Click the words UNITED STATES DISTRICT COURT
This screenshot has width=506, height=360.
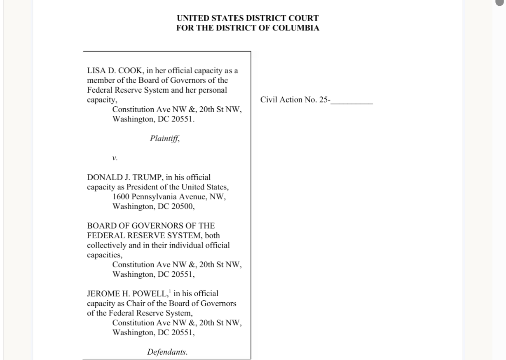coord(248,19)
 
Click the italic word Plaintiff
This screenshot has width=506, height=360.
coord(165,138)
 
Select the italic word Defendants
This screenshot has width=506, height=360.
coord(168,352)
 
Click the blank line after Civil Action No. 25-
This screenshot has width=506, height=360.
coord(352,100)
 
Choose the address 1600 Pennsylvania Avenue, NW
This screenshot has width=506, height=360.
coord(169,197)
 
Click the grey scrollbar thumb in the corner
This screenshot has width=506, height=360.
coord(500,3)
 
